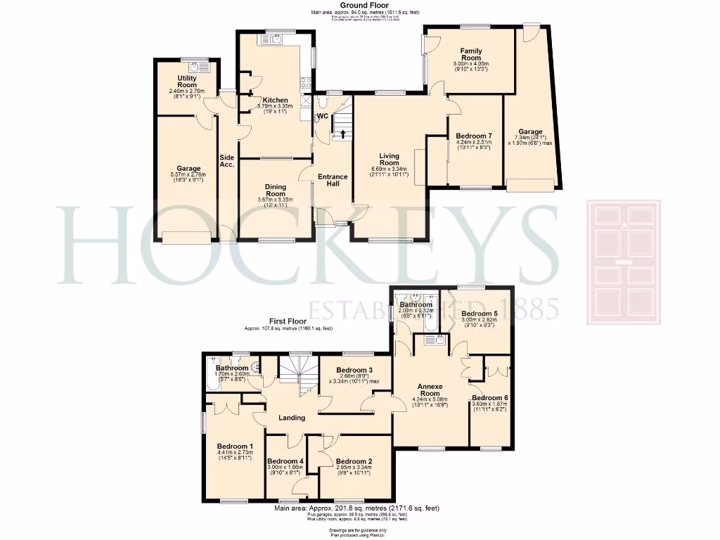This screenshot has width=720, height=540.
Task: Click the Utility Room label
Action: (187, 82)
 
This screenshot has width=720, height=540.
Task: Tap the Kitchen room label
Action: (275, 101)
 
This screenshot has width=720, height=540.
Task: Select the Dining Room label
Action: (275, 190)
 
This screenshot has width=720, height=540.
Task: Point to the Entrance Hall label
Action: (333, 180)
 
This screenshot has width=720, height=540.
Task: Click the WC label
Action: (323, 115)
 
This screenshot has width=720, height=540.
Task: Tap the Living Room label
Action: (389, 160)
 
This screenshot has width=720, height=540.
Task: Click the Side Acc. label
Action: (226, 160)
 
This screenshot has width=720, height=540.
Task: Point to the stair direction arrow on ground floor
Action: (343, 133)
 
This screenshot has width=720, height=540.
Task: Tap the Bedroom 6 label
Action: (489, 398)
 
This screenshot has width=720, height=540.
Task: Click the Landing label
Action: (292, 418)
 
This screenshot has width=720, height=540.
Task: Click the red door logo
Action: (624, 263)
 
